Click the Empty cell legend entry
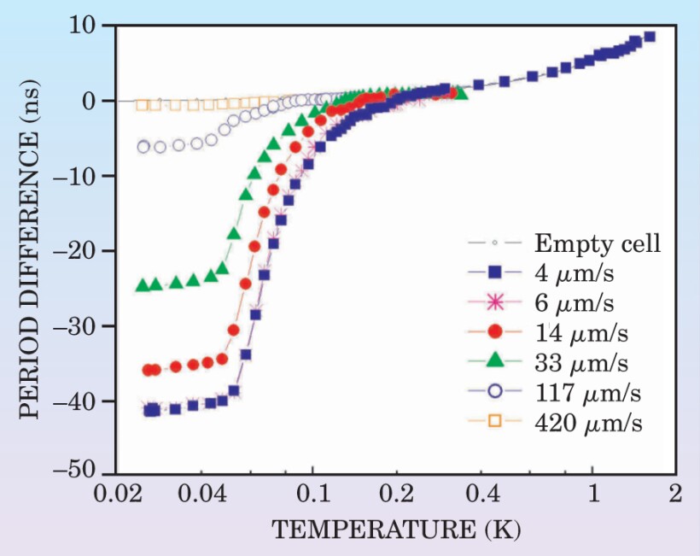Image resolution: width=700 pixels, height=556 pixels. point(597,243)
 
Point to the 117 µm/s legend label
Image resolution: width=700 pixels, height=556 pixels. point(589,392)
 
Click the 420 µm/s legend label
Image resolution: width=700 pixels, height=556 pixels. point(589,422)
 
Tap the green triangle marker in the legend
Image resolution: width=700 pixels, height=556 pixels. point(494,362)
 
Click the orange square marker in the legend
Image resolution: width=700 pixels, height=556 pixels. point(494,422)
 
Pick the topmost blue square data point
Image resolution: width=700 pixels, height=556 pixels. point(650,37)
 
